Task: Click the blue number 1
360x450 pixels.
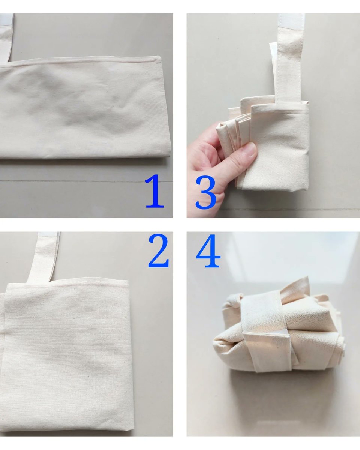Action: pyautogui.click(x=154, y=191)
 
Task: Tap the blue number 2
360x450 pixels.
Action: pyautogui.click(x=158, y=251)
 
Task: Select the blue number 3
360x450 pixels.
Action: pyautogui.click(x=205, y=192)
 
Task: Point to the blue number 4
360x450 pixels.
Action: pyautogui.click(x=208, y=251)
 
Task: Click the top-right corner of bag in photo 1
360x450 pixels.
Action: pyautogui.click(x=160, y=57)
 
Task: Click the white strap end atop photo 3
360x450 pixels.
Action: pyautogui.click(x=291, y=21)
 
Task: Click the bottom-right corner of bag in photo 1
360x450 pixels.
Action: pyautogui.click(x=170, y=155)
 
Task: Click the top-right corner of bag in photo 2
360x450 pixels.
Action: pyautogui.click(x=128, y=280)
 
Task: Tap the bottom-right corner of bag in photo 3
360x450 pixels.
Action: pyautogui.click(x=307, y=189)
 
